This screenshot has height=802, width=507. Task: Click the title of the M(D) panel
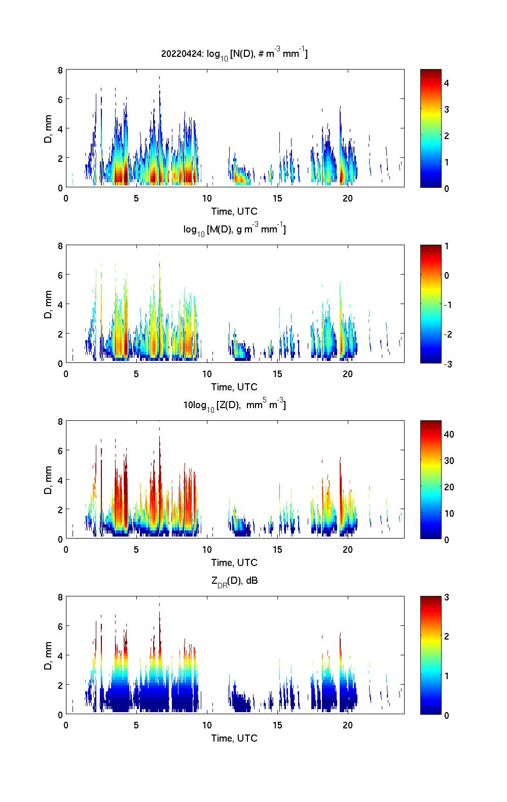point(234,229)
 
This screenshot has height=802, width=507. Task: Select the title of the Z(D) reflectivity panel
point(234,405)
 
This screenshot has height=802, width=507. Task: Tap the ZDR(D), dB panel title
point(234,581)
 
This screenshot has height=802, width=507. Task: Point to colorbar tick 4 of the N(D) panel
point(447,83)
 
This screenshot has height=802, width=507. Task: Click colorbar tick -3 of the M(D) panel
point(447,364)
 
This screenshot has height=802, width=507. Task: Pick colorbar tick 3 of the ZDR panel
point(447,597)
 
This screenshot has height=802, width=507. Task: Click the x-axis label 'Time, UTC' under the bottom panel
point(234,738)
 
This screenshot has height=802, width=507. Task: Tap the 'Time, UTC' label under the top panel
point(234,211)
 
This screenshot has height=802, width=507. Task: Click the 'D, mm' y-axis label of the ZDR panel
point(48,655)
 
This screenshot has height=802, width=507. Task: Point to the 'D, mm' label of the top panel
point(48,128)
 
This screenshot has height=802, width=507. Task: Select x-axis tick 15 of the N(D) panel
point(277,198)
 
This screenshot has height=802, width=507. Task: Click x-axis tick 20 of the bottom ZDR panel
point(348,725)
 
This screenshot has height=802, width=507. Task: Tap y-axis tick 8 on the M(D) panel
point(60,246)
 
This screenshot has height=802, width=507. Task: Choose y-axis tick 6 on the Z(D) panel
point(60,451)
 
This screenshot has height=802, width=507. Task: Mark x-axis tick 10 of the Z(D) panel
point(207,550)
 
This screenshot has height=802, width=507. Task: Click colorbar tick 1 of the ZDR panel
point(447,676)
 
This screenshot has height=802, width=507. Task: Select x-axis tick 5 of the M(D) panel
point(136,374)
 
